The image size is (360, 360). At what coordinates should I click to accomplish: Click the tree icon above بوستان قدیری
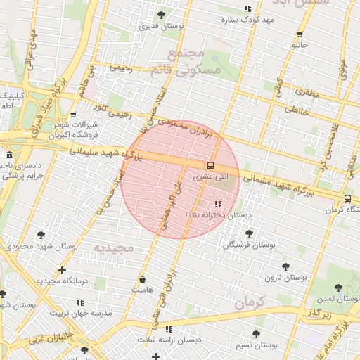pyautogui.click(x=161, y=15)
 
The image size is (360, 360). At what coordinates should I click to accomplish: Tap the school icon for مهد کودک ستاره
pyautogui.click(x=246, y=8)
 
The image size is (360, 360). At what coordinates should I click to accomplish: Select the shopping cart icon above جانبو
pyautogui.click(x=300, y=34)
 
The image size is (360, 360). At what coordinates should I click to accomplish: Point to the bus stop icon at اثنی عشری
pyautogui.click(x=210, y=165)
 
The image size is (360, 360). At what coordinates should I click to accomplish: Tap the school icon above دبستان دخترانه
pyautogui.click(x=207, y=203)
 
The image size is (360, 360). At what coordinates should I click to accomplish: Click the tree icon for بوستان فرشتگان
pyautogui.click(x=248, y=233)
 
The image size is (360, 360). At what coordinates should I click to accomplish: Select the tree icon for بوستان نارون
pyautogui.click(x=285, y=266)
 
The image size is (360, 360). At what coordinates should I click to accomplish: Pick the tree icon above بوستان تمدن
pyautogui.click(x=339, y=288)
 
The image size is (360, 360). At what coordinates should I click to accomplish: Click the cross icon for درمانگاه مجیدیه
pyautogui.click(x=63, y=270)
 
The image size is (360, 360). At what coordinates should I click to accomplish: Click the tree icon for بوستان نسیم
pyautogui.click(x=255, y=335)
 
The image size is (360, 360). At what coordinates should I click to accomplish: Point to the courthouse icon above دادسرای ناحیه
pyautogui.click(x=8, y=155)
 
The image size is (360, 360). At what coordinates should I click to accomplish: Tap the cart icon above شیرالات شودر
pyautogui.click(x=73, y=114)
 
